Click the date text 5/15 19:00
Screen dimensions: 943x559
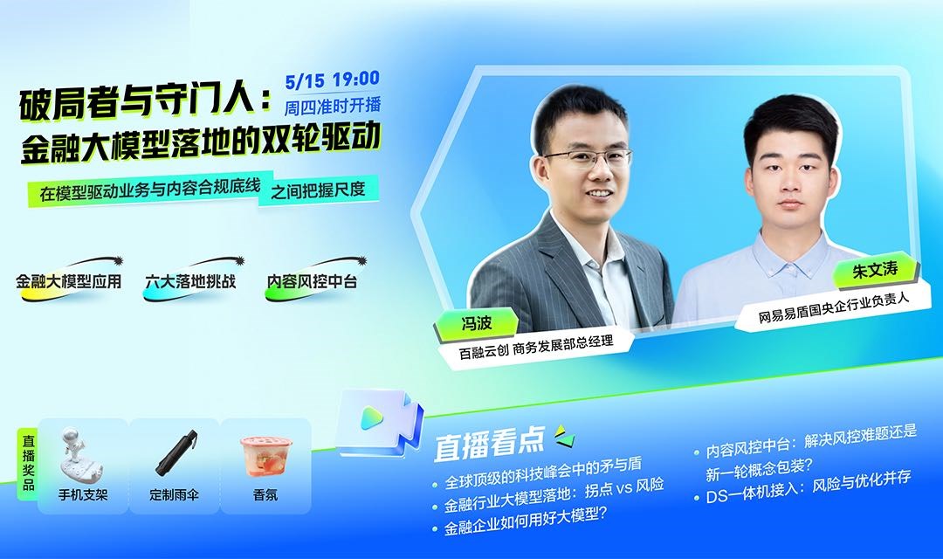click(333, 79)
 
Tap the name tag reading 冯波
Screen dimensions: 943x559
click(477, 324)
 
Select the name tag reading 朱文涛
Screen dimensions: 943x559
click(874, 271)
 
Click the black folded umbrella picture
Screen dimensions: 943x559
click(176, 452)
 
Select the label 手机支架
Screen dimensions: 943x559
click(83, 495)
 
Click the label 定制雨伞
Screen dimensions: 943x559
click(174, 495)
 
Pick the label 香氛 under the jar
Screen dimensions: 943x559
click(265, 495)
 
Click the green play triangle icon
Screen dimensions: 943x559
click(372, 418)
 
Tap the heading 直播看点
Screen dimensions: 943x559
click(489, 444)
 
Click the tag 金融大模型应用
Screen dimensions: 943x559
click(69, 281)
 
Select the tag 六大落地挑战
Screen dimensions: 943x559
click(190, 281)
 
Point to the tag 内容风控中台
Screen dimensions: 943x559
click(312, 281)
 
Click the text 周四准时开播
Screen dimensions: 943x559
click(333, 106)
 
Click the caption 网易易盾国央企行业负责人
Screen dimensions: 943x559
click(834, 308)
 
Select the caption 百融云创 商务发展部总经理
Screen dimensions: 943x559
click(536, 348)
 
